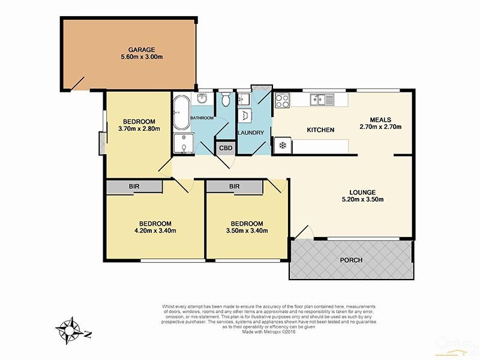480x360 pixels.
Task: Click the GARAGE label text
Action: pos(142,49)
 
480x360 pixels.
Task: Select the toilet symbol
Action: pos(224,98)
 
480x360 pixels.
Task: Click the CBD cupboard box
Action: pos(226,148)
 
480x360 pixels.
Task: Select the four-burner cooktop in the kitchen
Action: pos(283,101)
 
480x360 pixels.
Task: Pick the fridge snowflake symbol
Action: pos(282,145)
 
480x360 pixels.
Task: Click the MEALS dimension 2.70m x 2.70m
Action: pos(380,127)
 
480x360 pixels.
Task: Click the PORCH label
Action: pos(351,260)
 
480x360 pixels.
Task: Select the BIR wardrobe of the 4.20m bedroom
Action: pos(134,187)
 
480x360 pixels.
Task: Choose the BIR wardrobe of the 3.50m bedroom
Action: pos(235,187)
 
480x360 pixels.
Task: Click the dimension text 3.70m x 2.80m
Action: pos(139,127)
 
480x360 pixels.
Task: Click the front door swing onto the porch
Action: pos(304,233)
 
